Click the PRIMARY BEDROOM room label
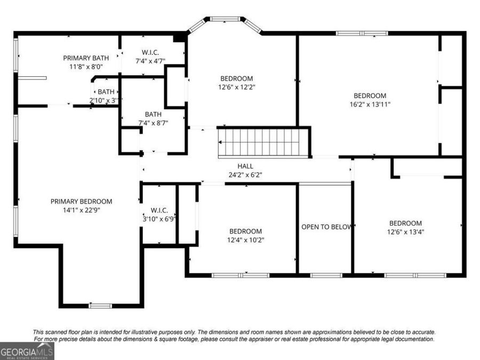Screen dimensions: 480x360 [81, 202]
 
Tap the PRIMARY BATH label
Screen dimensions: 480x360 [86, 58]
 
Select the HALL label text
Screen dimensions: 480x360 [245, 166]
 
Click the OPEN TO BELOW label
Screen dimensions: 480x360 [326, 227]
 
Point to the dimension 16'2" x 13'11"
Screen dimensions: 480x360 [370, 105]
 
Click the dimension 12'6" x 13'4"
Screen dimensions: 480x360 [405, 232]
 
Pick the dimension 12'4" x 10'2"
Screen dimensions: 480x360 [245, 240]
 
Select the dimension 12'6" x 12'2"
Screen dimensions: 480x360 [237, 87]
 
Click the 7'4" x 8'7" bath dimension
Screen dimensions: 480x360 [153, 123]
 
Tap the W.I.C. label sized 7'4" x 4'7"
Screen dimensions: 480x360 [150, 52]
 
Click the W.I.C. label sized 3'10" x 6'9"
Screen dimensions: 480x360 [159, 210]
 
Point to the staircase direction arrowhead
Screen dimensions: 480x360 [220, 142]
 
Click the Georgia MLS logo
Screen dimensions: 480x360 [27, 351]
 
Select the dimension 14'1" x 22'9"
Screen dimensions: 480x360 [82, 210]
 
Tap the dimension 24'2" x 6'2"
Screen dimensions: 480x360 [245, 175]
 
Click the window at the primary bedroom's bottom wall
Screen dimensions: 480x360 [100, 306]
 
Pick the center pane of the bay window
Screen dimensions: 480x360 [225, 19]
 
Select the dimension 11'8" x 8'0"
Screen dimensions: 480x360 [86, 67]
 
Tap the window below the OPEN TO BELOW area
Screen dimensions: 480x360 [326, 275]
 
